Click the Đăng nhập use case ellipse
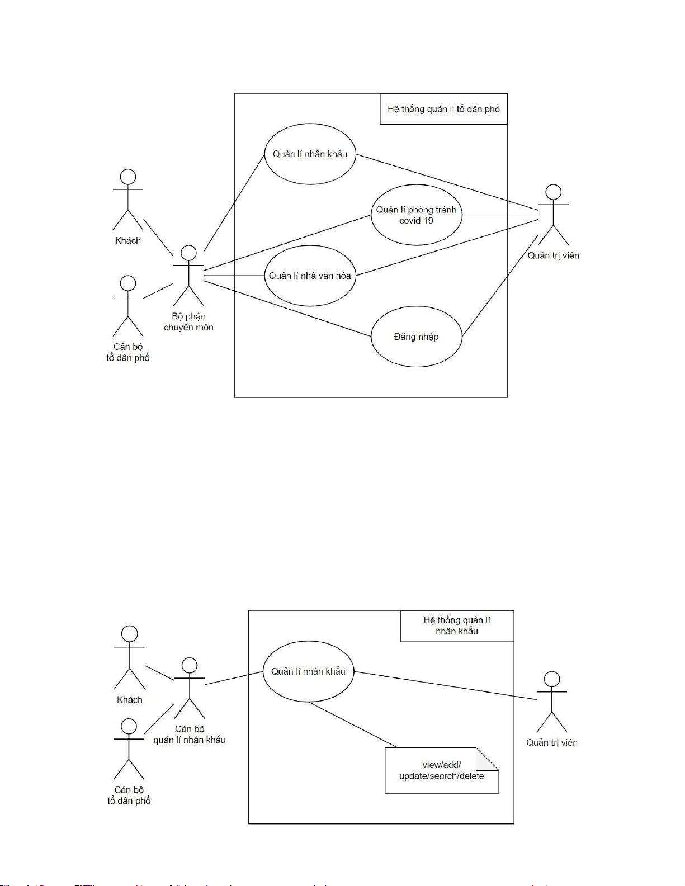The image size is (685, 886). (416, 337)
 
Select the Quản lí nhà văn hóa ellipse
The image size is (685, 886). (310, 276)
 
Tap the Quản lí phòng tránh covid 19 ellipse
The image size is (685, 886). (416, 215)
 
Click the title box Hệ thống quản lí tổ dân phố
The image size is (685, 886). (443, 109)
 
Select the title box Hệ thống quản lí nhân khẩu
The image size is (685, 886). (457, 626)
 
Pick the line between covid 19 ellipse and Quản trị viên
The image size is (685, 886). (499, 215)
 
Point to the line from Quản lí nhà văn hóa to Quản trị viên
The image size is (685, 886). (447, 247)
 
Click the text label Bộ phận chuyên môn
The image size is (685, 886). (188, 322)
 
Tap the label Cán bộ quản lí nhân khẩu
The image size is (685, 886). (190, 735)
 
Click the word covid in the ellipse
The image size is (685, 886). (409, 221)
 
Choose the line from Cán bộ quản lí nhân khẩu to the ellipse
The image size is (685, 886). (234, 677)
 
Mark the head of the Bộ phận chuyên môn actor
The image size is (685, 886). (188, 253)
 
